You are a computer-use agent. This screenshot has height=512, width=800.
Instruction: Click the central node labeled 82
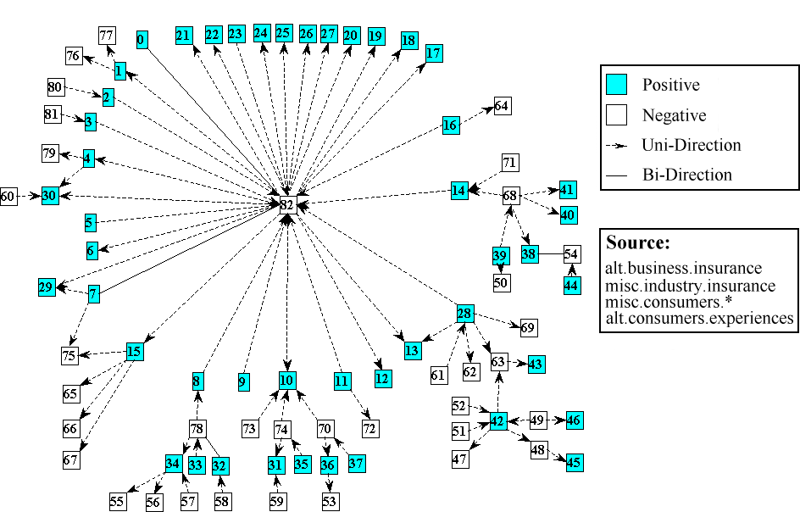[x=286, y=204]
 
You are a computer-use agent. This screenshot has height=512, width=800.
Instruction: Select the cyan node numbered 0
[x=142, y=40]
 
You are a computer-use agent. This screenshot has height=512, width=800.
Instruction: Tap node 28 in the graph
[x=464, y=314]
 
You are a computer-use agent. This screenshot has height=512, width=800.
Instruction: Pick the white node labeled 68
[x=510, y=195]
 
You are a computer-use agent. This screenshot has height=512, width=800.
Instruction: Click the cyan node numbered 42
[x=497, y=421]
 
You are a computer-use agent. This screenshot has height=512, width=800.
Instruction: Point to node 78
[x=197, y=430]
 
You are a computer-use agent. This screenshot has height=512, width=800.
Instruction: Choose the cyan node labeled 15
[x=133, y=351]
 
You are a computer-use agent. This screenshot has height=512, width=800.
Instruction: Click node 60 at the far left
[x=8, y=196]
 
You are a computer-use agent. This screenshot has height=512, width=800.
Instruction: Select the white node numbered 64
[x=502, y=106]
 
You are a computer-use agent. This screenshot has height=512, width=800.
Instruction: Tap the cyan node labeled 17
[x=434, y=53]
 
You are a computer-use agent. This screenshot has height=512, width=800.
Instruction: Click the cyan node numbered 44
[x=571, y=286]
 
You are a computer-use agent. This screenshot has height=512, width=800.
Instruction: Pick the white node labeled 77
[x=106, y=35]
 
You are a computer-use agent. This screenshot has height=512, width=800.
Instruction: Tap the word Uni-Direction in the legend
[x=692, y=145]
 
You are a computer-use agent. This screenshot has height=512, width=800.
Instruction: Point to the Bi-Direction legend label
[x=687, y=175]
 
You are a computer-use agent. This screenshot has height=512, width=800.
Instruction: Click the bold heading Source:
[x=638, y=242]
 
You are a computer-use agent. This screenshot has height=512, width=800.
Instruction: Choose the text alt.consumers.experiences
[x=699, y=318]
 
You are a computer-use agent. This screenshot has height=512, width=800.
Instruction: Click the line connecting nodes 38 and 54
[x=551, y=253]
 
